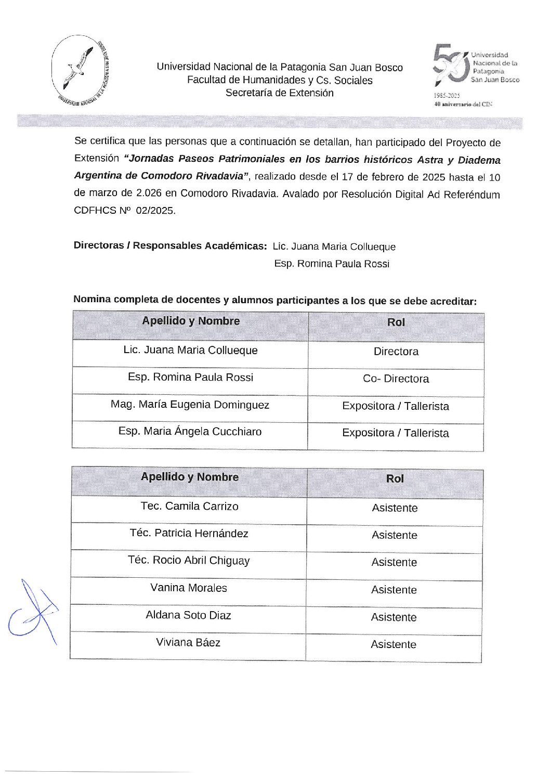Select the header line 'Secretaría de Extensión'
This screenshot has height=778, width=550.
point(279,93)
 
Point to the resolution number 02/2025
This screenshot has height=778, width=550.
point(155,211)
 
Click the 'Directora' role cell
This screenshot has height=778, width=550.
point(396,352)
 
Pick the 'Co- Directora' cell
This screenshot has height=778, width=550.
point(396,379)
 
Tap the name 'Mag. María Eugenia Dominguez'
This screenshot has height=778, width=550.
point(190,405)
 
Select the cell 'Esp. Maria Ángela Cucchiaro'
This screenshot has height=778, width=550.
point(190,432)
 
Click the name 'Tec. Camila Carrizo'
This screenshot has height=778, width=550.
point(189,507)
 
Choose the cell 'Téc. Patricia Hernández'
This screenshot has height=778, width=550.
point(189,534)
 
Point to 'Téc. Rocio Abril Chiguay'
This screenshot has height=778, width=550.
point(189,561)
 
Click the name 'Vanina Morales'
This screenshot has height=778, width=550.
point(188,588)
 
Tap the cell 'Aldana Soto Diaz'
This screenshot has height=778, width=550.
point(188,615)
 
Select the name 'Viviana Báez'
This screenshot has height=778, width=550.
point(188,643)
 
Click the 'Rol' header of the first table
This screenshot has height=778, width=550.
point(396,322)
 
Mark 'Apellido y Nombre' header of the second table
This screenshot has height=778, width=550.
point(189,477)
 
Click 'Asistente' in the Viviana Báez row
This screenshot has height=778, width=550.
point(394,645)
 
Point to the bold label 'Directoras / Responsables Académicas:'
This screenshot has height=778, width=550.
point(170,245)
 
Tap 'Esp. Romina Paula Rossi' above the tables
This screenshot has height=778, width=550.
point(332,264)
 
